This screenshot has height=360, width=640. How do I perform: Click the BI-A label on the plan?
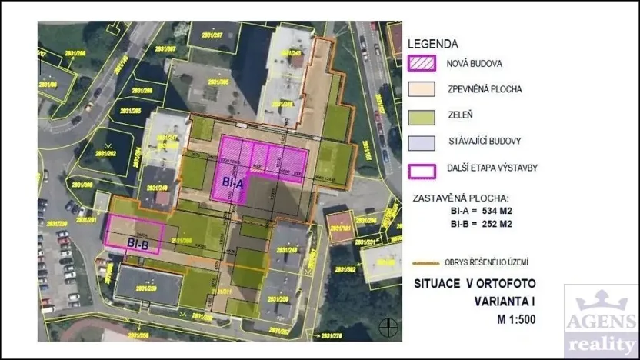coord(234,183)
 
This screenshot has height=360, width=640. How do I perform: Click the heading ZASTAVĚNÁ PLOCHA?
coord(461,197)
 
